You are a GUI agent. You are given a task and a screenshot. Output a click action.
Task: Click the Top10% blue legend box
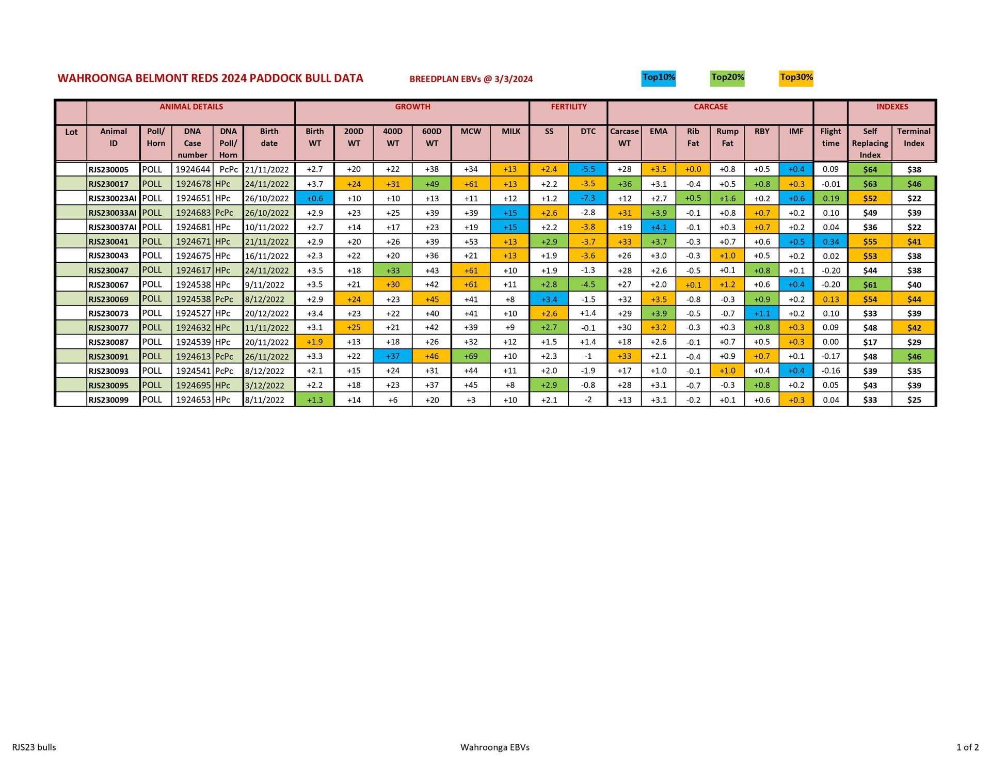(658, 78)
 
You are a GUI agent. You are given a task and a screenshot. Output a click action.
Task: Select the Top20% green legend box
(727, 78)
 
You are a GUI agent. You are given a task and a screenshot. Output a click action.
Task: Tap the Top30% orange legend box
(796, 78)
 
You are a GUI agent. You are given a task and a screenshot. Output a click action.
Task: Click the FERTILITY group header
(568, 107)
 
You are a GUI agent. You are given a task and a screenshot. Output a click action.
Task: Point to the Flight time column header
(830, 137)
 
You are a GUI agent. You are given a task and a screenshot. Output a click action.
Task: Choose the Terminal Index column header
(914, 137)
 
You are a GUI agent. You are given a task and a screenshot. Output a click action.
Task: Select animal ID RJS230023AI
(113, 198)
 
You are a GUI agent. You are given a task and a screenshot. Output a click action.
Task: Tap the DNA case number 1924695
(193, 386)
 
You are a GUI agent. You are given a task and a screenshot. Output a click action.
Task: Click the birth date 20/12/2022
(267, 313)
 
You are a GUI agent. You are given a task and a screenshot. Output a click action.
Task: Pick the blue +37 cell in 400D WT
(393, 357)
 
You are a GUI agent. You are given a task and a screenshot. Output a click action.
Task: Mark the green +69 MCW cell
(471, 357)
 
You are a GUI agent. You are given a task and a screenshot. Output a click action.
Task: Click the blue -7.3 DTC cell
(588, 198)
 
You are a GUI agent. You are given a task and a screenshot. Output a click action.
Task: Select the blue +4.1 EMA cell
(659, 227)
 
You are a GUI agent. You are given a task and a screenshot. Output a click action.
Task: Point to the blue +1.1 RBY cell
(762, 313)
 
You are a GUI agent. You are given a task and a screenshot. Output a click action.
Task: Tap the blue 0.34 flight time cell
(830, 242)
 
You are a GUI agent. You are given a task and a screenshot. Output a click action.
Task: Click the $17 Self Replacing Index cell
(870, 342)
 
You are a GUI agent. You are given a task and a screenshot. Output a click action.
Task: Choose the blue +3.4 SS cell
(549, 299)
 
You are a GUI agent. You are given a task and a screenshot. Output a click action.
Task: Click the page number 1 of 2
(967, 747)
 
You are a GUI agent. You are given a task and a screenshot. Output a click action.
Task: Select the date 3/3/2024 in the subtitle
(514, 79)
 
